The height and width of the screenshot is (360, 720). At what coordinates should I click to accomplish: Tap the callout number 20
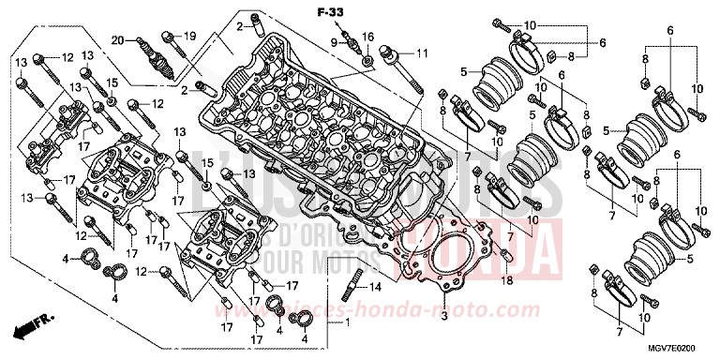118,39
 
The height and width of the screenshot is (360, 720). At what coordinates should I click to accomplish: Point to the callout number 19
188,37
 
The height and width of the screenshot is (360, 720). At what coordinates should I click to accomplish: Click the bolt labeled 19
170,40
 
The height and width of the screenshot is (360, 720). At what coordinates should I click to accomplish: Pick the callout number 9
333,42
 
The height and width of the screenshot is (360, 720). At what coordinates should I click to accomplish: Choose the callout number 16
367,37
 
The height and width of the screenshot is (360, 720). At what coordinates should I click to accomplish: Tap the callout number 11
421,52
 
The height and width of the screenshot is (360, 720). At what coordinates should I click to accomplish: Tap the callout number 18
506,280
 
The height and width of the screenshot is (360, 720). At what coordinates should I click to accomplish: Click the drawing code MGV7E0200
681,347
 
